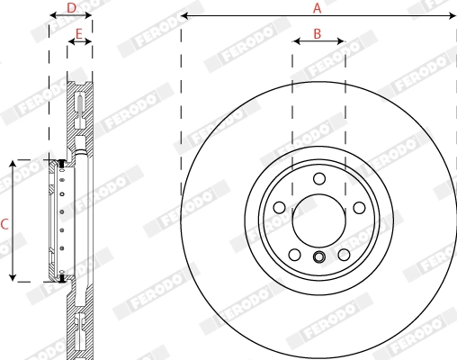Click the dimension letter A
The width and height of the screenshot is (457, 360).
pos(317,8)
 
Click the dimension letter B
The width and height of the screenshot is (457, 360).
pos(318,33)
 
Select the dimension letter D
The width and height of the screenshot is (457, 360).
pos(73,8)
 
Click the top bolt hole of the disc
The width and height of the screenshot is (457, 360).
pos(318,178)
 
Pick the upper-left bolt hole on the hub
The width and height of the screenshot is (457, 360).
pos(279,208)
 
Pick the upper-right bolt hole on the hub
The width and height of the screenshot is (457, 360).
pos(359,208)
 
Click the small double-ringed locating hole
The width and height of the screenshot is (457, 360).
pos(318,259)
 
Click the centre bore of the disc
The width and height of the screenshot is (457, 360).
pos(318,220)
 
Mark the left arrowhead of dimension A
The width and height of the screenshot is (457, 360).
pos(184,16)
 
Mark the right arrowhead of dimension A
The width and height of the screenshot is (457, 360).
pos(453,16)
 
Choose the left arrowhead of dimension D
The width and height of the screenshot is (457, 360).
pos(49,16)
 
